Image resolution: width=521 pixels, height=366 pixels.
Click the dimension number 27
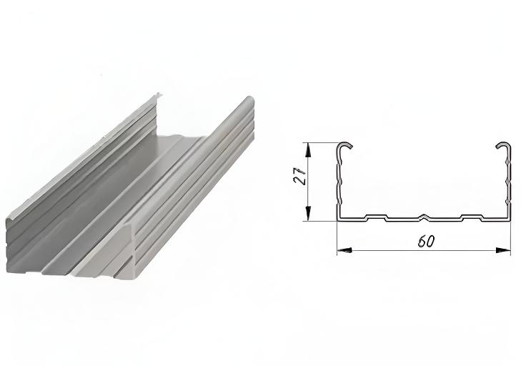tap(299, 175)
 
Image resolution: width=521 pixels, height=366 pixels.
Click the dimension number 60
tap(426, 242)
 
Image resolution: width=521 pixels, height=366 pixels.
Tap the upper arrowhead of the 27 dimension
tap(308, 149)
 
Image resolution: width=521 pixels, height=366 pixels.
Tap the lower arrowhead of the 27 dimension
tap(308, 214)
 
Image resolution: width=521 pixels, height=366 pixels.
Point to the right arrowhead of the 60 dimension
tap(503, 250)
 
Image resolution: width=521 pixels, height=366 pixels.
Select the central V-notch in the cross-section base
tap(424, 217)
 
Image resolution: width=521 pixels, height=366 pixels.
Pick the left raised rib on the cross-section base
tap(376, 217)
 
